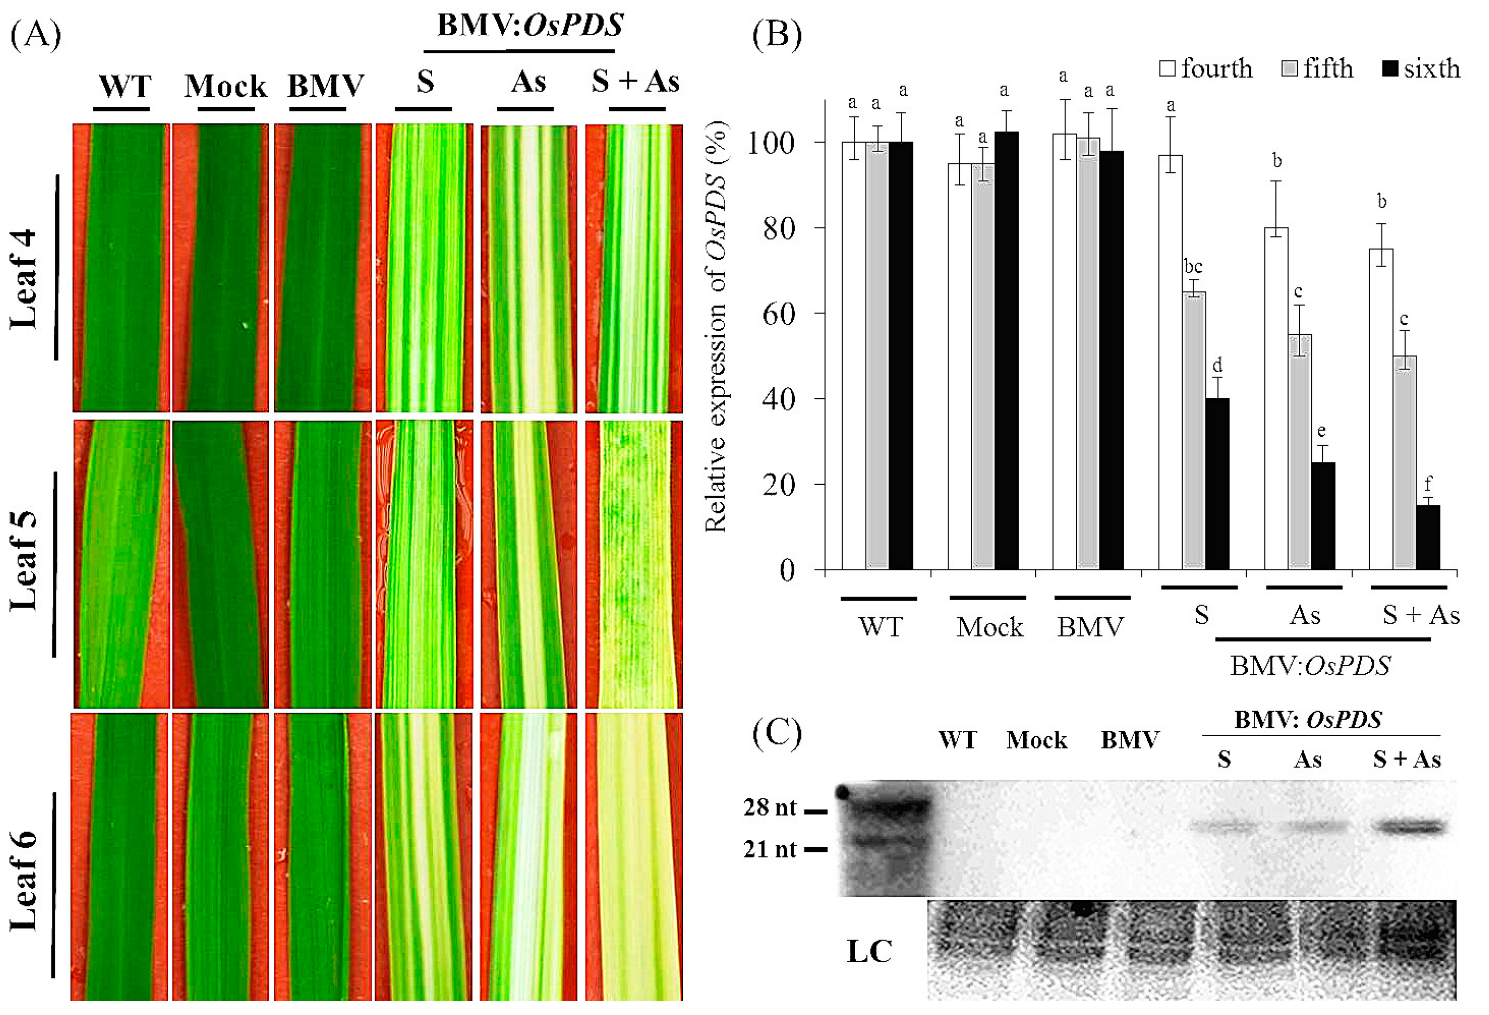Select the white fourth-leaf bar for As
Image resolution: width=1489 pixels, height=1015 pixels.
tap(1276, 398)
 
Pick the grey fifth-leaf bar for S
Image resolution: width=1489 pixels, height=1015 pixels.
tap(1194, 430)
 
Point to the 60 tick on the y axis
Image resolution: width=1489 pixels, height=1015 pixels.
tap(778, 314)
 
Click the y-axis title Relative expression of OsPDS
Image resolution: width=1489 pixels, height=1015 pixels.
tap(716, 327)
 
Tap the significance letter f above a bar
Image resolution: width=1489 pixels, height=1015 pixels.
tap(1427, 483)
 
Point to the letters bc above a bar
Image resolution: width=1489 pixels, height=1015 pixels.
tap(1193, 266)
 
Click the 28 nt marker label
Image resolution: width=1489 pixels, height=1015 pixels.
tap(770, 808)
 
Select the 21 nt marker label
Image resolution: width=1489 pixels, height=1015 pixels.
tap(770, 849)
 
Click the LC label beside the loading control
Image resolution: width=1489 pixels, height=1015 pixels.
tap(869, 951)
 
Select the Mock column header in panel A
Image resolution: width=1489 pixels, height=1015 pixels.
tap(225, 86)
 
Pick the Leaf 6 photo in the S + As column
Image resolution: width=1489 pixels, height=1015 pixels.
tap(634, 856)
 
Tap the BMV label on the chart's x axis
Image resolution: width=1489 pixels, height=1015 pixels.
tap(1090, 627)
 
